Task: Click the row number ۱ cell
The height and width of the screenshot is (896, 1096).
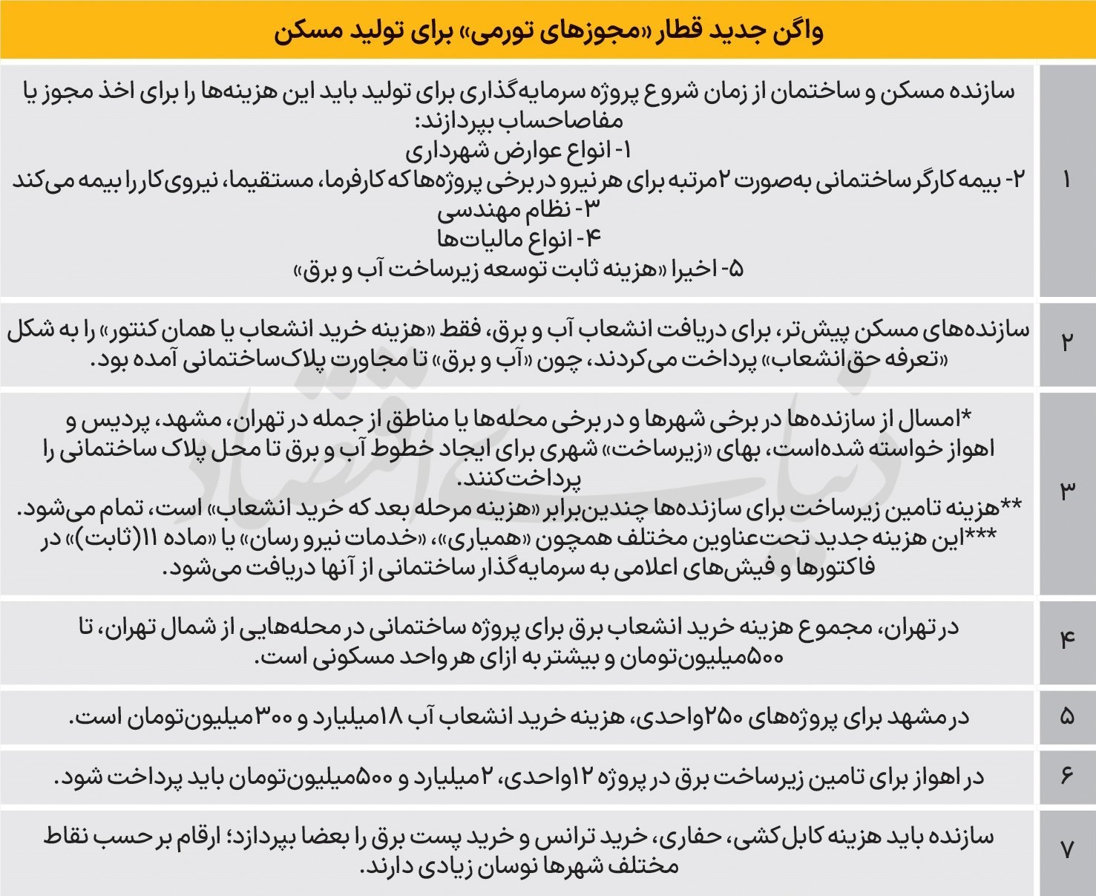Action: point(1067,180)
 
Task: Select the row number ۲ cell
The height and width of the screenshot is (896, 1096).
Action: point(1067,344)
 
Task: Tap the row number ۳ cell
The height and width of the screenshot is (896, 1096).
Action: point(1067,491)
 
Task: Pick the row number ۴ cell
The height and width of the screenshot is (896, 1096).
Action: point(1067,640)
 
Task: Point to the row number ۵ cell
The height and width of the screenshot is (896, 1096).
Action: point(1067,717)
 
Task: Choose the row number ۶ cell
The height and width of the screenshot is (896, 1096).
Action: point(1067,776)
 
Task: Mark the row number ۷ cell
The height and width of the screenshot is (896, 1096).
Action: point(1067,850)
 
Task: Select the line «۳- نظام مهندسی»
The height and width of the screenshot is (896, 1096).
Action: point(519,210)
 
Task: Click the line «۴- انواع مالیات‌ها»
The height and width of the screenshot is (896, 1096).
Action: point(519,240)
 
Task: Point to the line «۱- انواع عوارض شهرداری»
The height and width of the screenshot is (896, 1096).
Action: point(519,151)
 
